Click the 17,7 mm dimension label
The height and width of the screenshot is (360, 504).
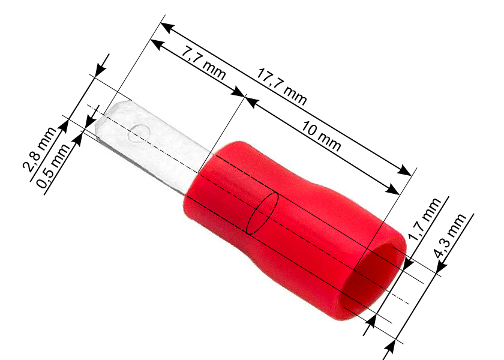[281, 87]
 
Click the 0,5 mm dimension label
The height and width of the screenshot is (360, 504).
[53, 166]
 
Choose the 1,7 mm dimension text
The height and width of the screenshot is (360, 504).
[424, 219]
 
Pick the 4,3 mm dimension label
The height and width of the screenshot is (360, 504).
[449, 236]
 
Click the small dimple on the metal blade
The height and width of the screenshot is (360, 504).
[139, 133]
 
